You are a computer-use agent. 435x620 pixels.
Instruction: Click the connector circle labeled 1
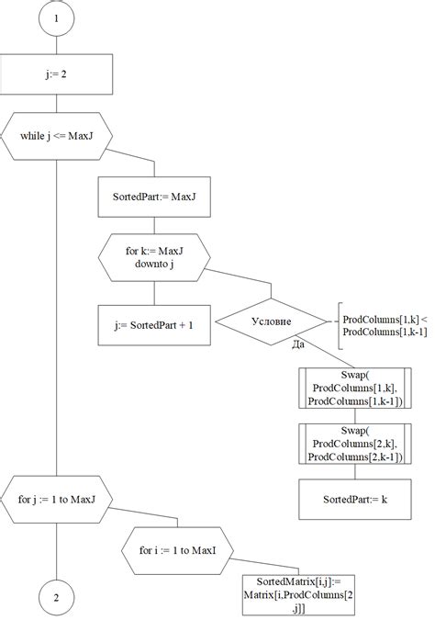[x=57, y=17]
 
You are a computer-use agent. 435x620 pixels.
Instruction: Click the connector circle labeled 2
[x=57, y=598]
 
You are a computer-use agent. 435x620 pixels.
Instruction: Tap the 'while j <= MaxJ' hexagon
[x=57, y=138]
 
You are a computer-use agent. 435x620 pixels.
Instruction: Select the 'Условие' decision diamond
[x=271, y=322]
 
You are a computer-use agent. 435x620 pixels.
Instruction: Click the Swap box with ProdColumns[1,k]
[x=354, y=389]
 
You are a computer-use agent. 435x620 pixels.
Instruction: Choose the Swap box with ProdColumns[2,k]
[x=354, y=444]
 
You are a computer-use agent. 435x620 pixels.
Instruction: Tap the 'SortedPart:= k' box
[x=354, y=500]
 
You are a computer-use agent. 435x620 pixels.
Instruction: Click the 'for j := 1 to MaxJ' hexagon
[x=57, y=500]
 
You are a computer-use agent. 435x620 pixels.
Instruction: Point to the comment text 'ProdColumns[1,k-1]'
[x=385, y=332]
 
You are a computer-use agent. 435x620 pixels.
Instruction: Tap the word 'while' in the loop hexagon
[x=33, y=138]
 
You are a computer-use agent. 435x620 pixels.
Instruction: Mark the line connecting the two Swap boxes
[x=354, y=416]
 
